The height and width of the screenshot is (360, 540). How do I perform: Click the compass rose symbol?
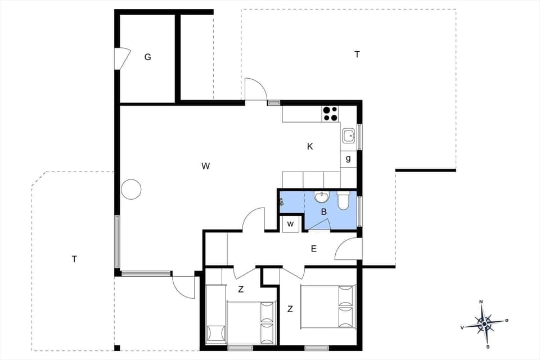[x=484, y=324]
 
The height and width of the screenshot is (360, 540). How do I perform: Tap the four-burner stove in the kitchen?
[x=330, y=114]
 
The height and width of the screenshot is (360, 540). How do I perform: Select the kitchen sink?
[x=349, y=136]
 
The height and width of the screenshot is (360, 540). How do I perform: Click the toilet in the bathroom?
[x=343, y=200]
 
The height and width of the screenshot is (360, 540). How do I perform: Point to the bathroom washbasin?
[x=322, y=197]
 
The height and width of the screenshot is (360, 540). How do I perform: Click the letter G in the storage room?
[x=147, y=57]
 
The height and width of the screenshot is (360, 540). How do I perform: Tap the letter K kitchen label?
[x=310, y=146]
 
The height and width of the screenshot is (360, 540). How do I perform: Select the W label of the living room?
[x=205, y=166]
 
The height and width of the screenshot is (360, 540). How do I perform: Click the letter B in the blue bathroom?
[x=323, y=212]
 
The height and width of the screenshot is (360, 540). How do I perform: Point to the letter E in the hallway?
[x=314, y=249]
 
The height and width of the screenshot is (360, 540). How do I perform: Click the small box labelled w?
[x=290, y=224]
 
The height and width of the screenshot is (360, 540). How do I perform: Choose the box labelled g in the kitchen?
[x=348, y=159]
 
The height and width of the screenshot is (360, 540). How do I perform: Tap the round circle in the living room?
[x=131, y=189]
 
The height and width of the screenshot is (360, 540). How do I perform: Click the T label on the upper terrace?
[x=357, y=55]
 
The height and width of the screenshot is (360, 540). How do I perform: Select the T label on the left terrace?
[x=74, y=259]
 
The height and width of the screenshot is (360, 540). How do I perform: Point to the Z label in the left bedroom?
[x=240, y=290]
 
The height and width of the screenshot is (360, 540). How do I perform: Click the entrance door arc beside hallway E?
[x=346, y=249]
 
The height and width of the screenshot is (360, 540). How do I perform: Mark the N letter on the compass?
[x=481, y=302]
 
